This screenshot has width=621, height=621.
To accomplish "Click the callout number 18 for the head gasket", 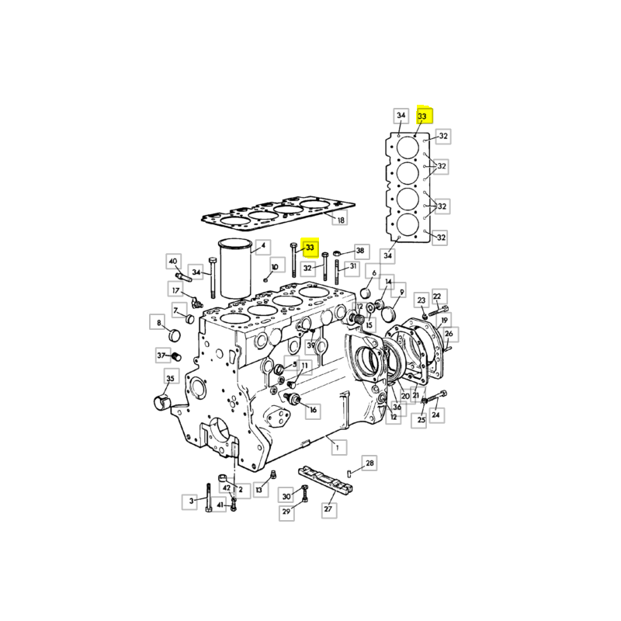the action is [340, 220].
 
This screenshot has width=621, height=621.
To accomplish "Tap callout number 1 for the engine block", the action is [338, 448].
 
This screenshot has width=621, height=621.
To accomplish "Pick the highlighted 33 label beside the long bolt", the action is [310, 248].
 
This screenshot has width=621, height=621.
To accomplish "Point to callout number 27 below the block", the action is [328, 508].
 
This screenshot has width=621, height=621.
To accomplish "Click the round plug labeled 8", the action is [174, 335].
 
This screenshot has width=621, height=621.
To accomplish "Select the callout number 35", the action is [170, 378].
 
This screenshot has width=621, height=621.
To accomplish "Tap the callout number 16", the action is [314, 410].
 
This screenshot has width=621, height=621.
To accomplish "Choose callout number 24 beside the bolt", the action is [436, 415].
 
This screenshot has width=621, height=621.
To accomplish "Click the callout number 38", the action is [360, 250].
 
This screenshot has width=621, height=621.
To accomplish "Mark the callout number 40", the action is [173, 262].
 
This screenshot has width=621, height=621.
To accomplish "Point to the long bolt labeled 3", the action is [209, 498].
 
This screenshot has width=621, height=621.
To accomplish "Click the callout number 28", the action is [369, 463].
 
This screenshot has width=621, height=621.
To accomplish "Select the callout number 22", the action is [437, 297].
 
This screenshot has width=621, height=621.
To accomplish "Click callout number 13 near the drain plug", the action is [258, 490].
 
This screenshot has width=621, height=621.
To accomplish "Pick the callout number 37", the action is [161, 356].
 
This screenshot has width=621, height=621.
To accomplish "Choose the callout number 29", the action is [286, 512].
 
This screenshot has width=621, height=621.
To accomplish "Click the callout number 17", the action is [176, 290].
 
